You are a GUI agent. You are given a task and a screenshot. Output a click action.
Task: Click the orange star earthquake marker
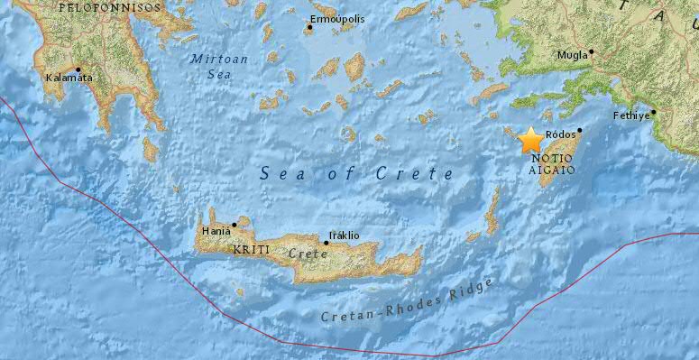click(x=530, y=141)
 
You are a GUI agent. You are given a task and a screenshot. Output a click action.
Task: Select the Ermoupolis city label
click(x=336, y=18)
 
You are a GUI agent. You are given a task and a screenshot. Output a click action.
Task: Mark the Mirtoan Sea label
click(x=215, y=66)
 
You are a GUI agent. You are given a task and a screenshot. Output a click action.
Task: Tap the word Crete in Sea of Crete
click(x=420, y=174)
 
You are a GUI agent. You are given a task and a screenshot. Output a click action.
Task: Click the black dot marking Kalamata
click(x=78, y=69)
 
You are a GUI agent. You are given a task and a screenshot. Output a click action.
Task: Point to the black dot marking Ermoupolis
click(x=309, y=27)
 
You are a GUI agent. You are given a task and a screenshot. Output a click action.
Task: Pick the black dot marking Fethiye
click(x=654, y=113)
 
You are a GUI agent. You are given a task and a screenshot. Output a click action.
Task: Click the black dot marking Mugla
click(x=592, y=52)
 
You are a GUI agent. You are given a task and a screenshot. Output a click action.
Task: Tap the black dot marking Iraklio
click(x=327, y=243)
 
